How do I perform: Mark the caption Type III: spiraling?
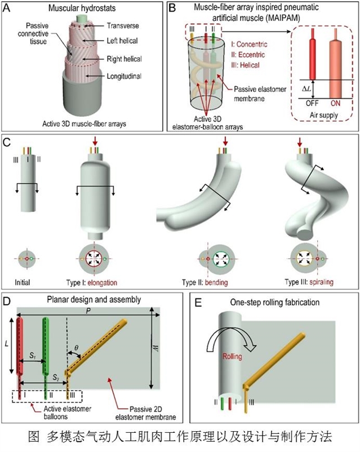point(307,280)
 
